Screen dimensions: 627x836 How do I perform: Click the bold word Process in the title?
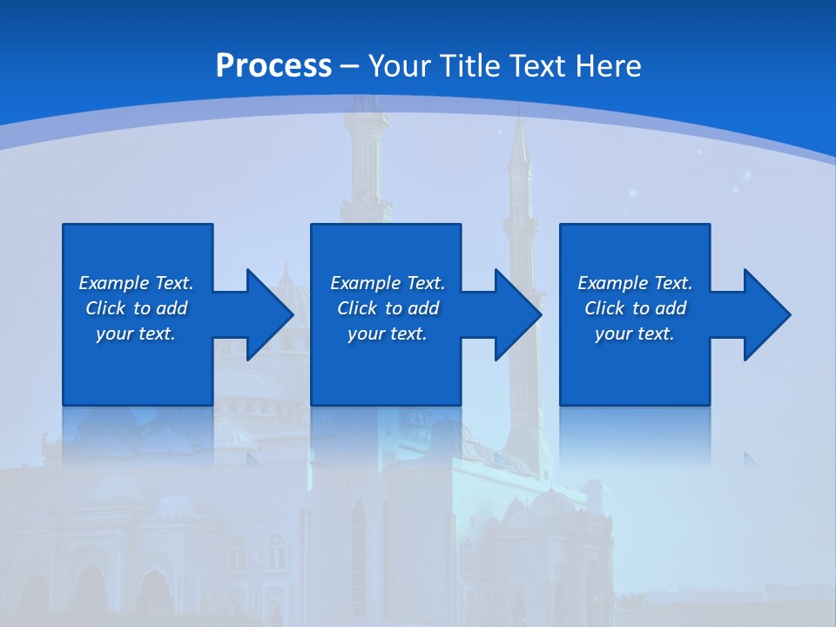(x=273, y=65)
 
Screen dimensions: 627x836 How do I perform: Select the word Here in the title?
(x=609, y=65)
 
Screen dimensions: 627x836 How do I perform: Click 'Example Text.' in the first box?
(x=136, y=283)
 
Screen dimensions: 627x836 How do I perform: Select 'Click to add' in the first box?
(x=136, y=308)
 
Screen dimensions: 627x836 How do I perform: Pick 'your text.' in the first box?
(x=136, y=334)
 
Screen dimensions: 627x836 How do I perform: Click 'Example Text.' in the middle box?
(x=388, y=283)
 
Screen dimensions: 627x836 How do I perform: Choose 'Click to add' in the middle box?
(x=388, y=308)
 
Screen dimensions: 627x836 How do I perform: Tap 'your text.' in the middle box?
(x=388, y=334)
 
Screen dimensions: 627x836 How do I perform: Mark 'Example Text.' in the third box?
(x=635, y=283)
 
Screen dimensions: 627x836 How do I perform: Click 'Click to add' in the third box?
(x=635, y=308)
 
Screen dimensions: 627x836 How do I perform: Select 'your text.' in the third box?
(x=635, y=334)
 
